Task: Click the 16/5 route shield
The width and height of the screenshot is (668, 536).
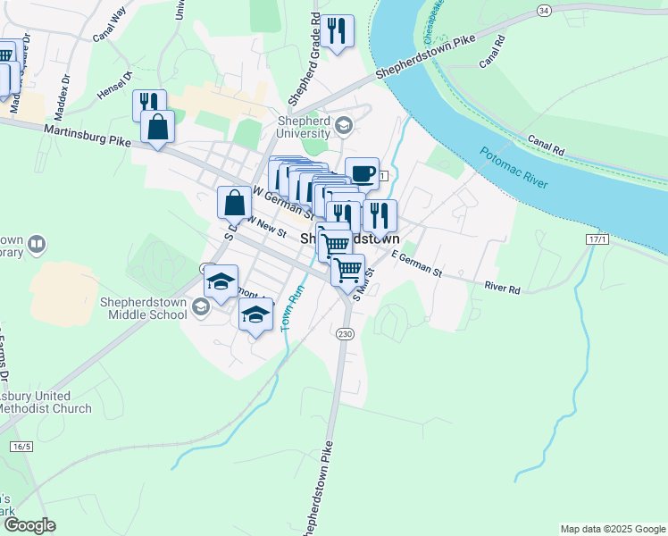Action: coord(21,446)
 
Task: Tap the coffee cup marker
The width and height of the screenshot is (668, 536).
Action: coord(362,173)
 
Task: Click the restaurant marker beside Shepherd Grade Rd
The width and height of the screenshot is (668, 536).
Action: coord(337,31)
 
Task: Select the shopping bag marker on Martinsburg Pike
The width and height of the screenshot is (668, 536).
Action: coord(157,127)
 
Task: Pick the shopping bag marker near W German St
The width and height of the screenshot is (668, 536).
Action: coord(234,202)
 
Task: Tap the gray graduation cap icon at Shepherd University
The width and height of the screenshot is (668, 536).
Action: coord(343,126)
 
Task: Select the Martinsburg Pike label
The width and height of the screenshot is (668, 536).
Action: coord(87,135)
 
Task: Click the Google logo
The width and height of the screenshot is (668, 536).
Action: coord(29,525)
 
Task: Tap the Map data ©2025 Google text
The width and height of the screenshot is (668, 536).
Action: coord(612,529)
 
